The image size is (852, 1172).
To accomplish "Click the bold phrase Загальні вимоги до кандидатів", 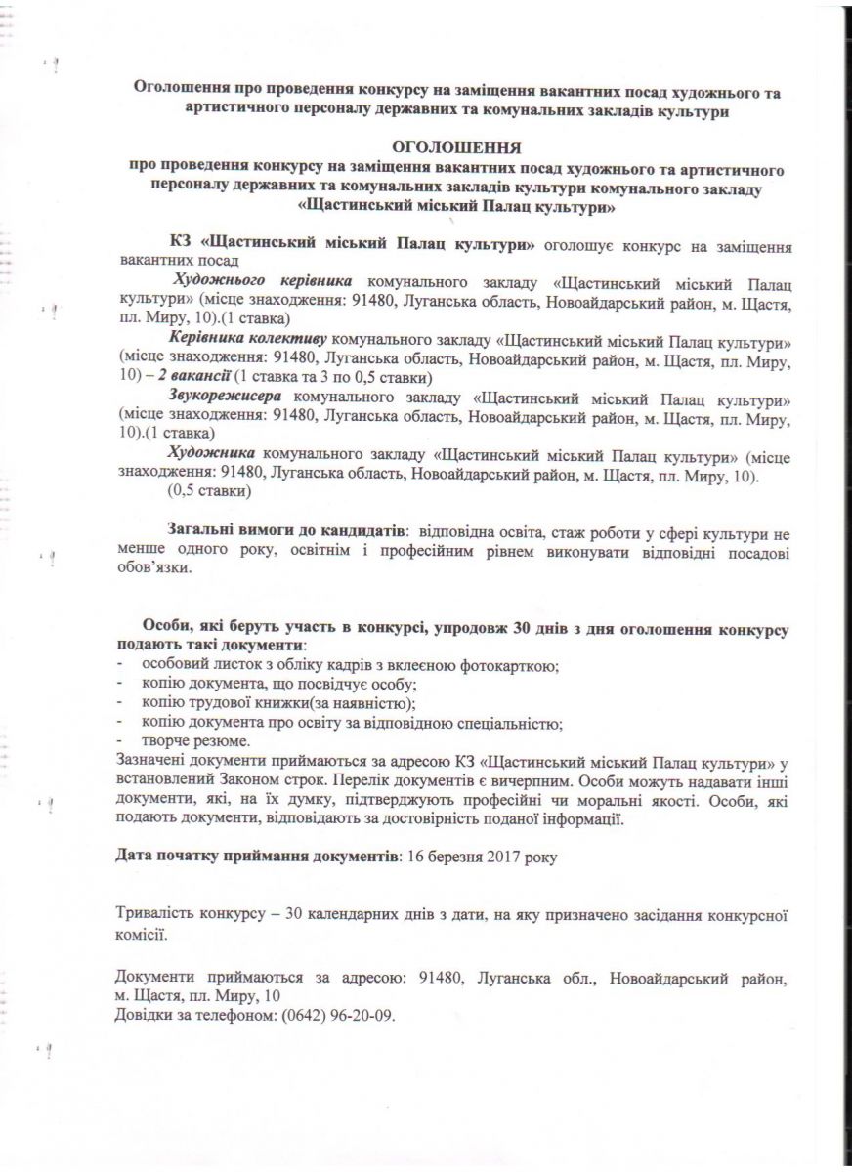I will (285, 530).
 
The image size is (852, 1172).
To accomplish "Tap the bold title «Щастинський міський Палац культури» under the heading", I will (454, 206).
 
